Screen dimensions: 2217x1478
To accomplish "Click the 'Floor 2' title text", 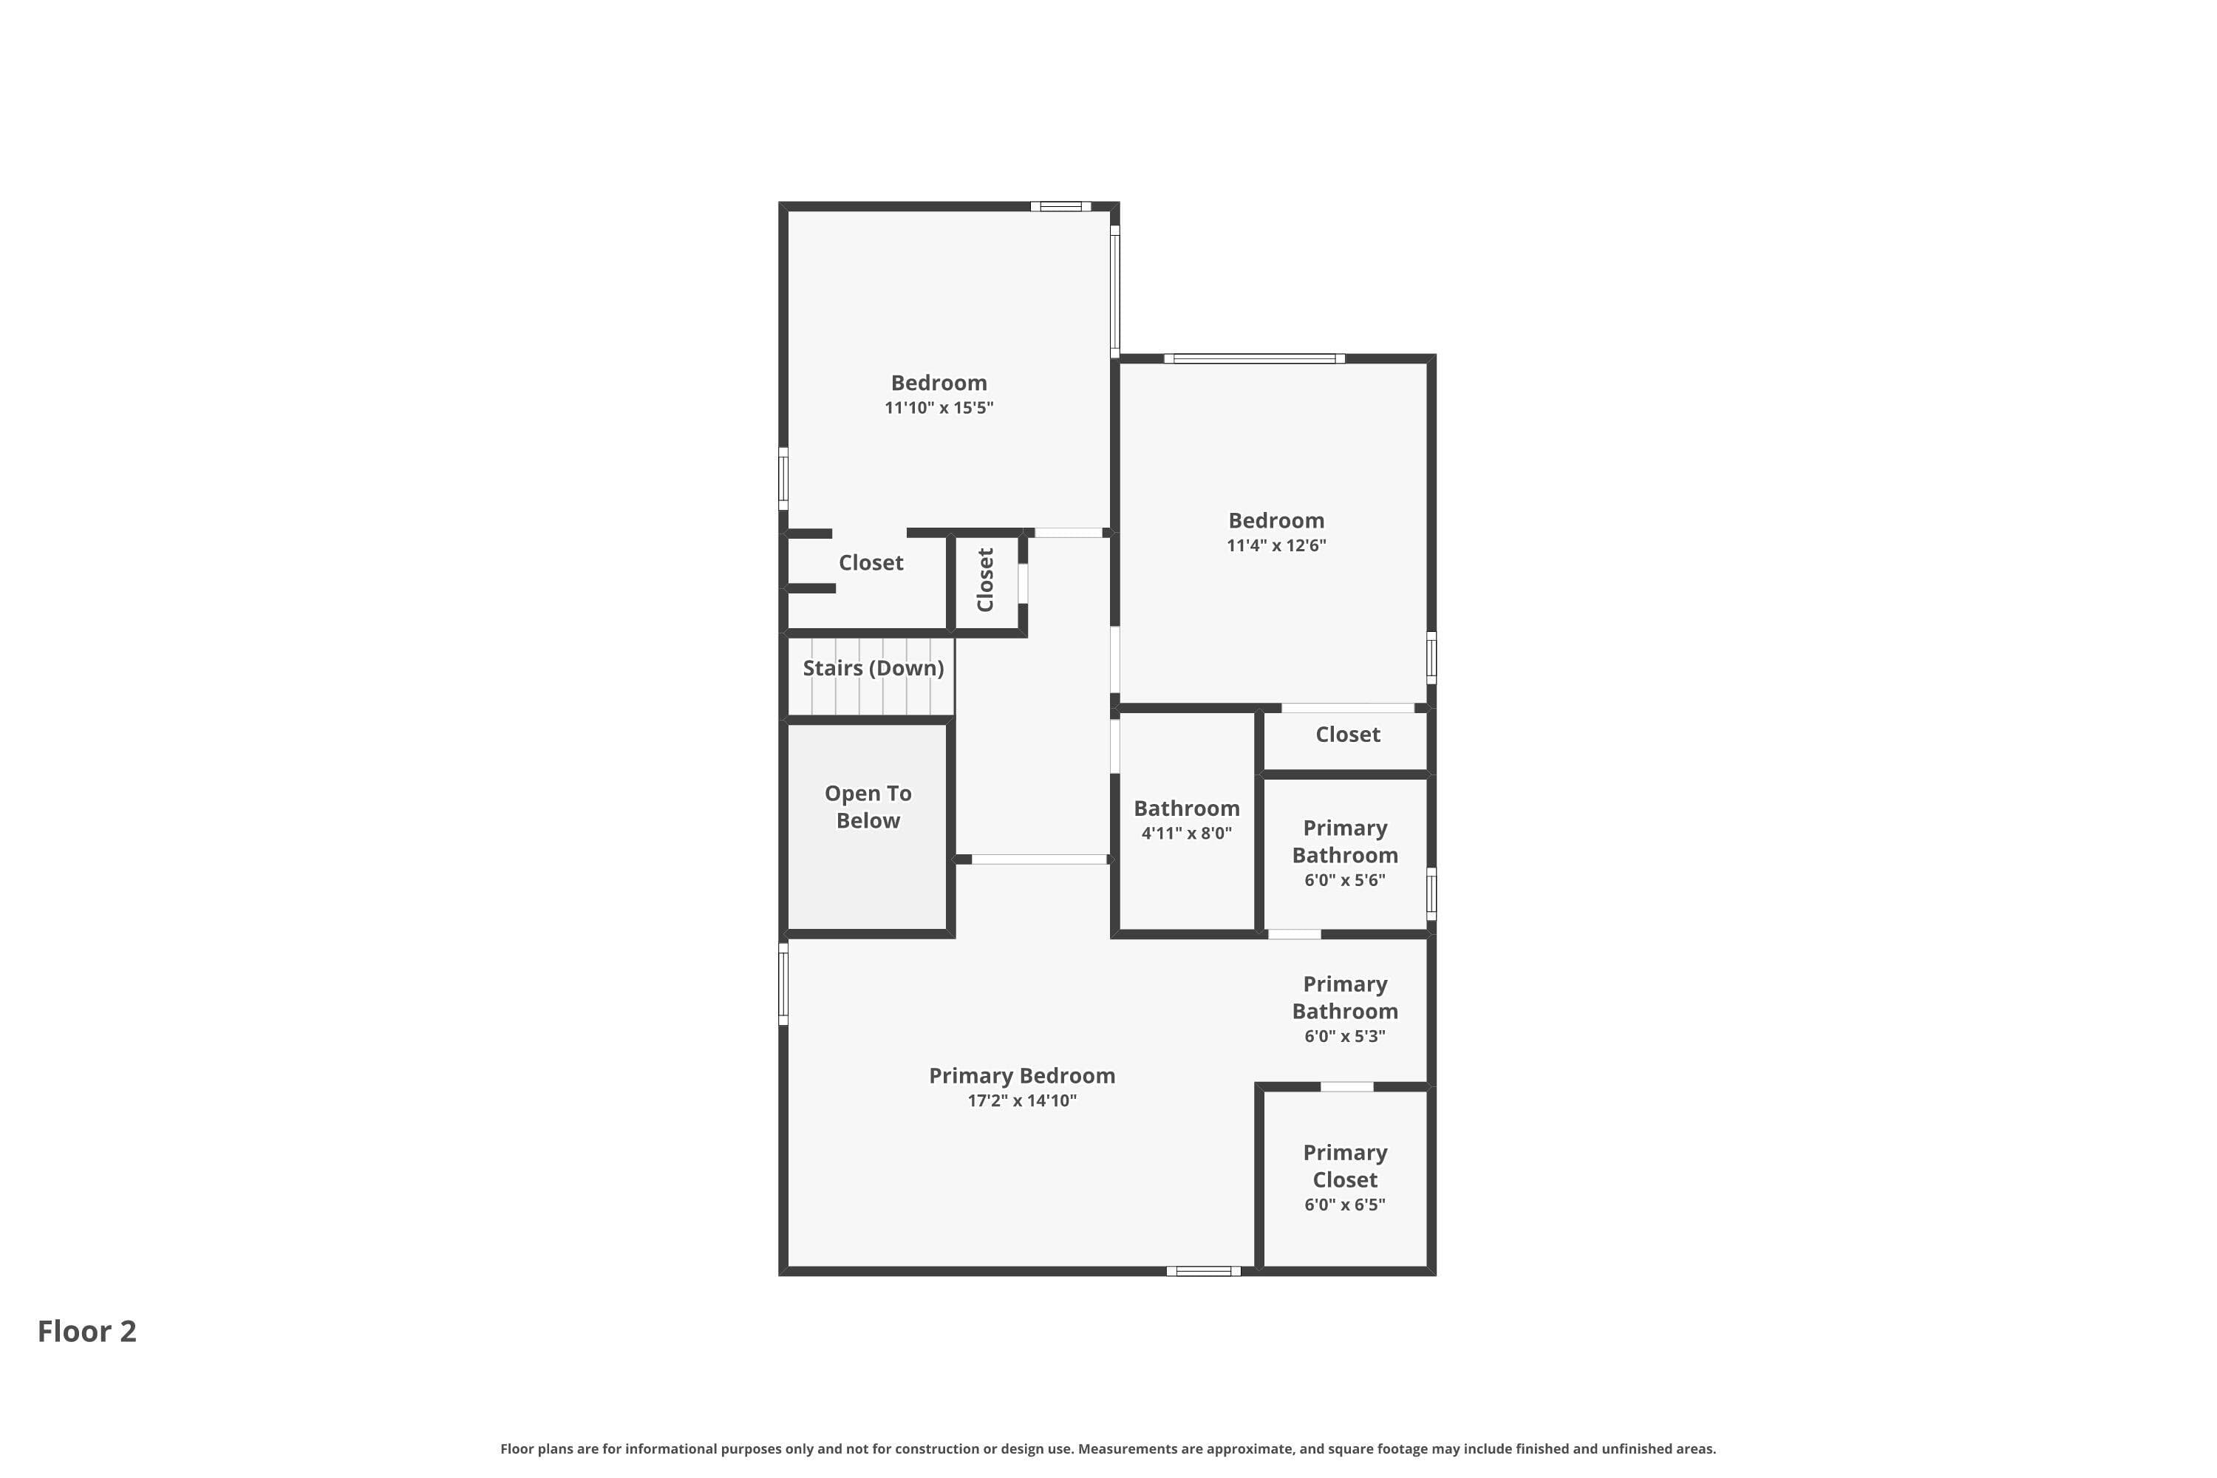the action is pos(86,1331).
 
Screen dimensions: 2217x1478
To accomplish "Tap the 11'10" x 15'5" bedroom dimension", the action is pos(939,407).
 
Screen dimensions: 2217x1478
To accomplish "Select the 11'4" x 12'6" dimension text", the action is pos(1276,545).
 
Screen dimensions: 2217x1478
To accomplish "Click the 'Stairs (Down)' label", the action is pos(873,668).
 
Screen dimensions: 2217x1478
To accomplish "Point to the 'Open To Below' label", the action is pos(868,807).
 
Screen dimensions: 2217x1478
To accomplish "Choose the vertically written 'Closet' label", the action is pos(986,579).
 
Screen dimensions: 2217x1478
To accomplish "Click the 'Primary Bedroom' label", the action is pos(1022,1075).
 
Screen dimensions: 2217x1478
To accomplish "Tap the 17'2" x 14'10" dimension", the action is pos(1022,1100).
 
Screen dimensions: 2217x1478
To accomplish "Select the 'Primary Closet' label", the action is pos(1345,1166).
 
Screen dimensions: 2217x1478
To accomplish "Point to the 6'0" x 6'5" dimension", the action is pos(1345,1204).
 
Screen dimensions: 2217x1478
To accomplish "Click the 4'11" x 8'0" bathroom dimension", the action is pos(1187,832).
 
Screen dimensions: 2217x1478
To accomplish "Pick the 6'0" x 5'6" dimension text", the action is pos(1345,879).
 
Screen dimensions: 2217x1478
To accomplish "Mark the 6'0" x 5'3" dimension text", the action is pos(1345,1036).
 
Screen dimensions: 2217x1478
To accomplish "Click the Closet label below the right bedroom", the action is pos(1348,735).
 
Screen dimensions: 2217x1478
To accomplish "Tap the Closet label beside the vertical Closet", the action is pos(871,562).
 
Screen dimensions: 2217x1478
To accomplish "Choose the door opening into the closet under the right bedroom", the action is pos(1348,708).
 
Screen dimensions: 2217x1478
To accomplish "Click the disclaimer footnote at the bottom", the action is pos(1108,1448).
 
